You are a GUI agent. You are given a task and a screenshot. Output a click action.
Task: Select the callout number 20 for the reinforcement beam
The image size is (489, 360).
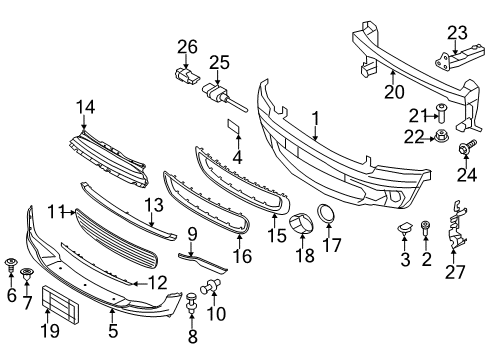(394, 92)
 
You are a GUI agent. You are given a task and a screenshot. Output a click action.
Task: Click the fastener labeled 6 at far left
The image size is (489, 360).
(11, 266)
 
